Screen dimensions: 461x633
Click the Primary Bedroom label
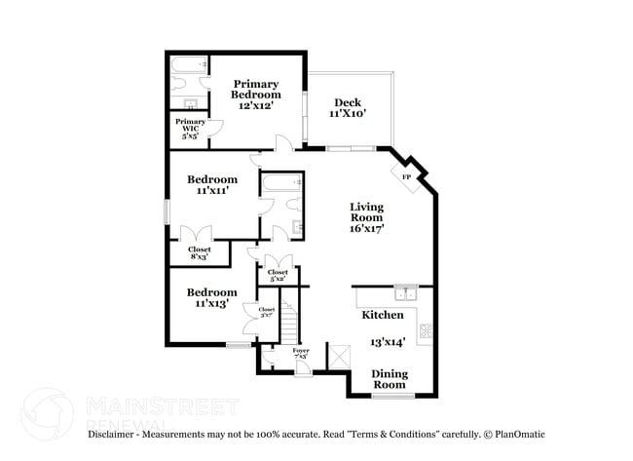pos(255,95)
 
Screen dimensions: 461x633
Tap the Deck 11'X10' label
pos(348,108)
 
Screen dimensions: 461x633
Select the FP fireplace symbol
pos(407,176)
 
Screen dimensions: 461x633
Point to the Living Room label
pos(367,218)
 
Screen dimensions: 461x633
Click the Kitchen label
pos(383,316)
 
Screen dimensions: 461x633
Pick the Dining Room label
pos(389,380)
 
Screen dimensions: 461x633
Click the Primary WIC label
pos(190,127)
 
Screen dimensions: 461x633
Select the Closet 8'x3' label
pos(199,252)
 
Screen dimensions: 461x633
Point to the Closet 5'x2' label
pos(278,276)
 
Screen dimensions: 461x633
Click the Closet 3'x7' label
pos(265,313)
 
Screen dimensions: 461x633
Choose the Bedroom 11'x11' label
pos(212,185)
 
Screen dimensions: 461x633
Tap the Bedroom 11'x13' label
pos(212,298)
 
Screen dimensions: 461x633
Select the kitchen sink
pos(406,292)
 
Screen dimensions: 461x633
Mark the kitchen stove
pos(426,330)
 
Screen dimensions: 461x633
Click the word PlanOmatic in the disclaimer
pos(518,434)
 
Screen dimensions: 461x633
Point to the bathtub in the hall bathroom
pos(282,183)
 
